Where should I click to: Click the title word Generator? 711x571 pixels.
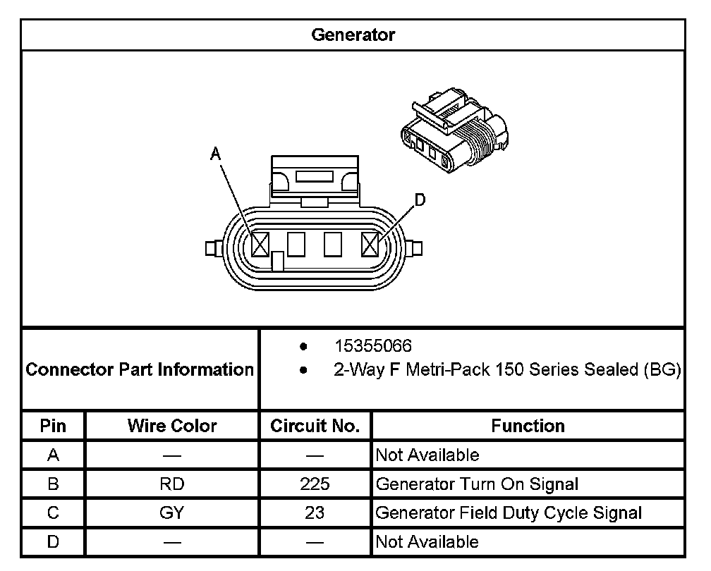pos(353,35)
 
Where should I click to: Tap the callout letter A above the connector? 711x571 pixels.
pos(216,154)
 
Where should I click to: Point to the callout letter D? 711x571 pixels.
pos(420,201)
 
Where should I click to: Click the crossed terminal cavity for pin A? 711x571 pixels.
pos(260,245)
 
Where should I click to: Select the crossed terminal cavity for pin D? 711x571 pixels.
pos(370,245)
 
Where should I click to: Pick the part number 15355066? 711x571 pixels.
pos(373,347)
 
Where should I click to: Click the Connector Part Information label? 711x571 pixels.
pos(140,369)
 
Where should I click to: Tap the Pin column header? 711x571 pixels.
pos(53,426)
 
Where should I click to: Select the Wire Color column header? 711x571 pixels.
pos(172,426)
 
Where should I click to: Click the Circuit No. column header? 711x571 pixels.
pos(315,426)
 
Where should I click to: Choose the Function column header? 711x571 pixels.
pos(528,426)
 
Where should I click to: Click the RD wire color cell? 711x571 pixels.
pos(172,484)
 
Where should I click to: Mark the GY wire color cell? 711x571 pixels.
pos(172,513)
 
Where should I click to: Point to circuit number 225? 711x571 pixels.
pos(315,484)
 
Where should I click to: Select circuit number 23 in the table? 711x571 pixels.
pos(315,513)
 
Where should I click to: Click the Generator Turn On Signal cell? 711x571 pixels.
pos(477,484)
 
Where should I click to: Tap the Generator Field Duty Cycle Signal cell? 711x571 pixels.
pos(509,513)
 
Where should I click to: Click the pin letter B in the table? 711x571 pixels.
pos(53,484)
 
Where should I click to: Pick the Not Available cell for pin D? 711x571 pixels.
pos(427,542)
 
